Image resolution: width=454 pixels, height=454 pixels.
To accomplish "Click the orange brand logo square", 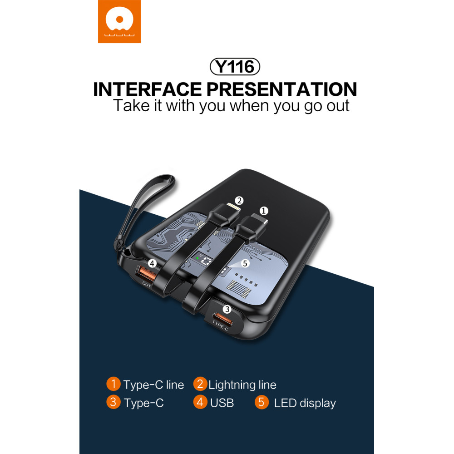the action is click(119, 21).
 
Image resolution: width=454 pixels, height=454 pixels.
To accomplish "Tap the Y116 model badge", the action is click(235, 67).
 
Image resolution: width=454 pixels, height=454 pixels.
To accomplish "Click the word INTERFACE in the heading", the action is click(148, 89).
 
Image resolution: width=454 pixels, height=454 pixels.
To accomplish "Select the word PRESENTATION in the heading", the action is click(282, 89).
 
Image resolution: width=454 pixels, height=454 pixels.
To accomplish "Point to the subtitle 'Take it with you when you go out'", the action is click(231, 106).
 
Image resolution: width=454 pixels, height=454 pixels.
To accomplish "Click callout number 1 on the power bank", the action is click(263, 211).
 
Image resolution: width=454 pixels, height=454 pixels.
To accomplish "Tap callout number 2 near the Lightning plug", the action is click(239, 200).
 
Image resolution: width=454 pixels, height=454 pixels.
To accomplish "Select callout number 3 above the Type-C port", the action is click(227, 309).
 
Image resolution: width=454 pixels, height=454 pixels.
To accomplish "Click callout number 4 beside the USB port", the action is click(152, 263).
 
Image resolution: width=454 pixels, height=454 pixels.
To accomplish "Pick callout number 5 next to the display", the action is click(245, 263).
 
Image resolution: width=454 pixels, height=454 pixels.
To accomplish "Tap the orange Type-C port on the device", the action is click(223, 318).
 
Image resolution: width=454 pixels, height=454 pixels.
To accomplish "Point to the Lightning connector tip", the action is click(233, 207).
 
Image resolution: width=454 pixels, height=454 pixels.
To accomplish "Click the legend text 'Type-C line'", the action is click(153, 385).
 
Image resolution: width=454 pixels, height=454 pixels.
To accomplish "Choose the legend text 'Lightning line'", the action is click(242, 385).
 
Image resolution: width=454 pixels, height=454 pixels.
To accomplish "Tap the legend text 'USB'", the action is click(222, 403).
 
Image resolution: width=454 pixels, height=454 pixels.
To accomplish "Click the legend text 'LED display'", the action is click(305, 403).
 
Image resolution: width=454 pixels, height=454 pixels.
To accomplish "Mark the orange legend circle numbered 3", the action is click(113, 402).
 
